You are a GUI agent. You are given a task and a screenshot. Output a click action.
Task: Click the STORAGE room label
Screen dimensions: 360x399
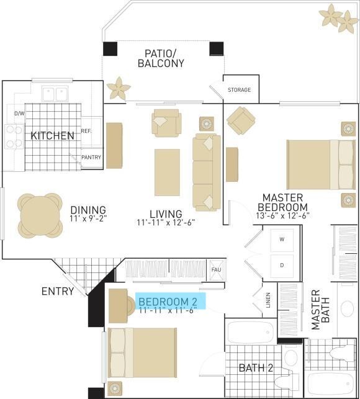(x=239, y=90)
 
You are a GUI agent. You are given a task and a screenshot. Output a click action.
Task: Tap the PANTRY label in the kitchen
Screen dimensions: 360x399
(x=91, y=157)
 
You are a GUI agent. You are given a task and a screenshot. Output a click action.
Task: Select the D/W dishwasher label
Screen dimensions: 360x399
(x=19, y=114)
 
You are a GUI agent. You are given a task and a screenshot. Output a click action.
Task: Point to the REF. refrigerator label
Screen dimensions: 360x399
(x=86, y=131)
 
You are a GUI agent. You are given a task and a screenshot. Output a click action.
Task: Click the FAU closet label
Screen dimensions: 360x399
(x=216, y=269)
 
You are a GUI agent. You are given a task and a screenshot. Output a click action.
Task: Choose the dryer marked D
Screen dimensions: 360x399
(x=282, y=266)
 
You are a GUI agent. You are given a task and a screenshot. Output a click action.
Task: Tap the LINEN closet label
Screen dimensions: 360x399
(x=268, y=300)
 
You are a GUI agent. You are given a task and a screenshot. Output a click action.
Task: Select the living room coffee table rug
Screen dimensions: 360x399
(x=167, y=173)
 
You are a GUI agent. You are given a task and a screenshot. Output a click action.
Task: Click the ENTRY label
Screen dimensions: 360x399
(x=58, y=291)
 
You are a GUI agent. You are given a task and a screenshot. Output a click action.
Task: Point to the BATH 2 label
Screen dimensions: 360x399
(x=256, y=368)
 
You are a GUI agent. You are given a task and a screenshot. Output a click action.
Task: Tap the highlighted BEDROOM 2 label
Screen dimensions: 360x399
(x=168, y=302)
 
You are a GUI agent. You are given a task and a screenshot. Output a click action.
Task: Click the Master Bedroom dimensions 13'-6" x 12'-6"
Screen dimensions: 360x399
(x=282, y=215)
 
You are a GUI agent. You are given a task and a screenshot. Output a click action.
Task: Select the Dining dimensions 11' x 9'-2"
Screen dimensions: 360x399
(x=88, y=218)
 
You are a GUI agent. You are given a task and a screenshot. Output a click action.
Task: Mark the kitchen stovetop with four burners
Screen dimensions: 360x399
(x=14, y=137)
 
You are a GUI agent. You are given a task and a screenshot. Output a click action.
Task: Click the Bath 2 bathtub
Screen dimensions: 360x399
(x=250, y=333)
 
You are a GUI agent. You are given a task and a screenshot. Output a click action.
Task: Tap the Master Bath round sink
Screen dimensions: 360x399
(x=347, y=308)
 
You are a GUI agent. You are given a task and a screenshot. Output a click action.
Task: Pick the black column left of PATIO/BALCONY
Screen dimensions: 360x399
(x=110, y=49)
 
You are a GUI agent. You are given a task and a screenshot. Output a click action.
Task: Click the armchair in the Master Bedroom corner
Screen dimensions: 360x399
(x=241, y=121)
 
